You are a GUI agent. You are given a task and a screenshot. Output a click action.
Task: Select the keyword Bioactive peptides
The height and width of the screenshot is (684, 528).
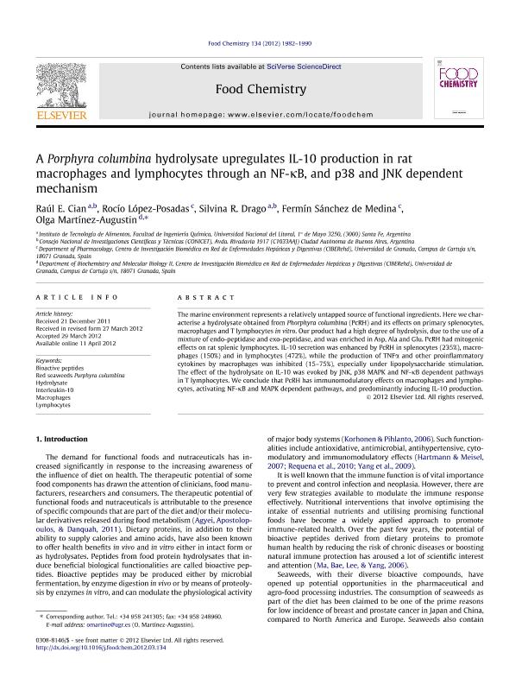tap(58, 367)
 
